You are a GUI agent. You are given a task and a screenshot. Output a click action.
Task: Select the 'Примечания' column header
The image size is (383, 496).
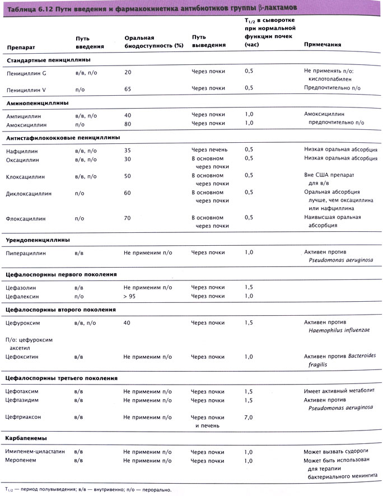[x=323, y=45]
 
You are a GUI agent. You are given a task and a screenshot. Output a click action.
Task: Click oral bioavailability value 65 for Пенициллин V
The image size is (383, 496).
[x=128, y=88]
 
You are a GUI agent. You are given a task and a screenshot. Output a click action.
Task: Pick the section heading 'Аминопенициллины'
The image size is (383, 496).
[x=37, y=103]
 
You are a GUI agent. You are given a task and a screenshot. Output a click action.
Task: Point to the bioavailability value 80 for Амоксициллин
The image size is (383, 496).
[x=128, y=124]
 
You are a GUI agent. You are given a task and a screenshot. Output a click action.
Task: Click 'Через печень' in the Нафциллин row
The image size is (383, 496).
[x=209, y=150]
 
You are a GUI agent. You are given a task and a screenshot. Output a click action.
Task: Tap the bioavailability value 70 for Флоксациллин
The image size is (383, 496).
[x=128, y=218]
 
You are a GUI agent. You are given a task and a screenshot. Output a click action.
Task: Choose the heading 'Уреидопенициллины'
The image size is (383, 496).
[x=38, y=240]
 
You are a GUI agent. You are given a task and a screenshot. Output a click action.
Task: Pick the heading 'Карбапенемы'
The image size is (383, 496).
[x=26, y=437]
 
